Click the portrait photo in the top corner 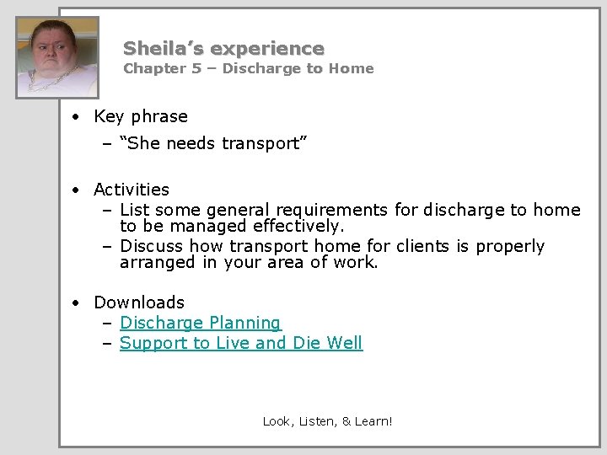pos(57,56)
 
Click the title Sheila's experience pos(223,48)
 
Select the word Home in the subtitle pos(352,69)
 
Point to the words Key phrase pos(141,116)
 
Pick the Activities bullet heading pos(132,190)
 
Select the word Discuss pos(152,246)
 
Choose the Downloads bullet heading pos(139,302)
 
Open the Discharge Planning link pos(201,323)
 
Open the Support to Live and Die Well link pos(241,343)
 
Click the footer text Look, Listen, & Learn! pos(327,420)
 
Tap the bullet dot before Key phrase pos(76,117)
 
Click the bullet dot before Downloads pos(76,302)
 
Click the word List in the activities pos(134,210)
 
